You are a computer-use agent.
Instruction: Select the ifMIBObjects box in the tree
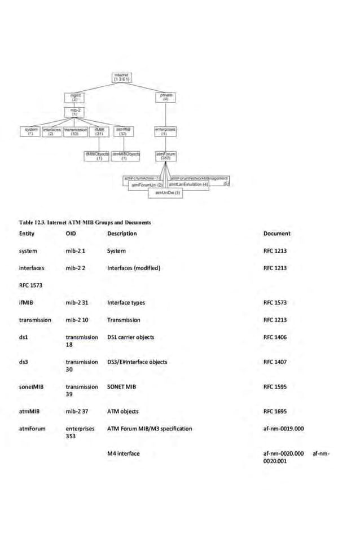[97, 156]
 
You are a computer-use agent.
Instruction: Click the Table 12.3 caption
[85, 222]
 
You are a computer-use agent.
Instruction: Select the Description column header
[122, 234]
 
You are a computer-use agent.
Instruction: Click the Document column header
[277, 234]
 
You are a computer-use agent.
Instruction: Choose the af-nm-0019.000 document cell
[284, 429]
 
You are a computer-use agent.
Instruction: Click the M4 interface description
[124, 453]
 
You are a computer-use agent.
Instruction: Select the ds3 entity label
[24, 362]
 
